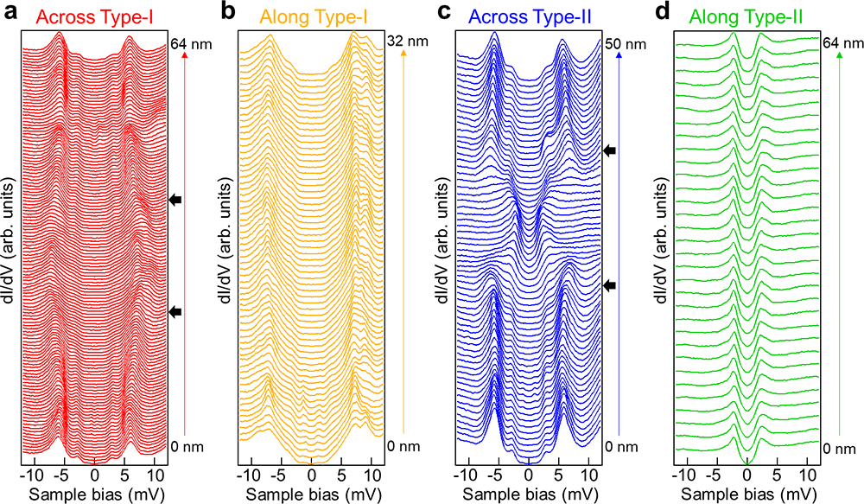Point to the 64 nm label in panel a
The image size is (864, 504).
pos(187,42)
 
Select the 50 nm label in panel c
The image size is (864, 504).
pos(623,43)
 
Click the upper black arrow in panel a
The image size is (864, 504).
pos(176,200)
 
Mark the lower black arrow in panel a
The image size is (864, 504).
pos(176,311)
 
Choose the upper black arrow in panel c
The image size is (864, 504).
pos(610,150)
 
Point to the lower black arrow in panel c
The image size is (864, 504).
pos(610,285)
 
